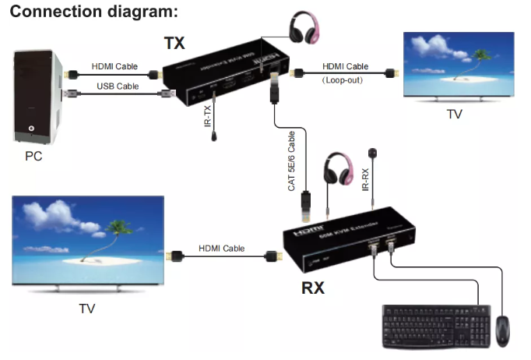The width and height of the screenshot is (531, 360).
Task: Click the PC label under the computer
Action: tap(33, 155)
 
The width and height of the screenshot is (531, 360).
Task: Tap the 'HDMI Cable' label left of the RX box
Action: tap(221, 248)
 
